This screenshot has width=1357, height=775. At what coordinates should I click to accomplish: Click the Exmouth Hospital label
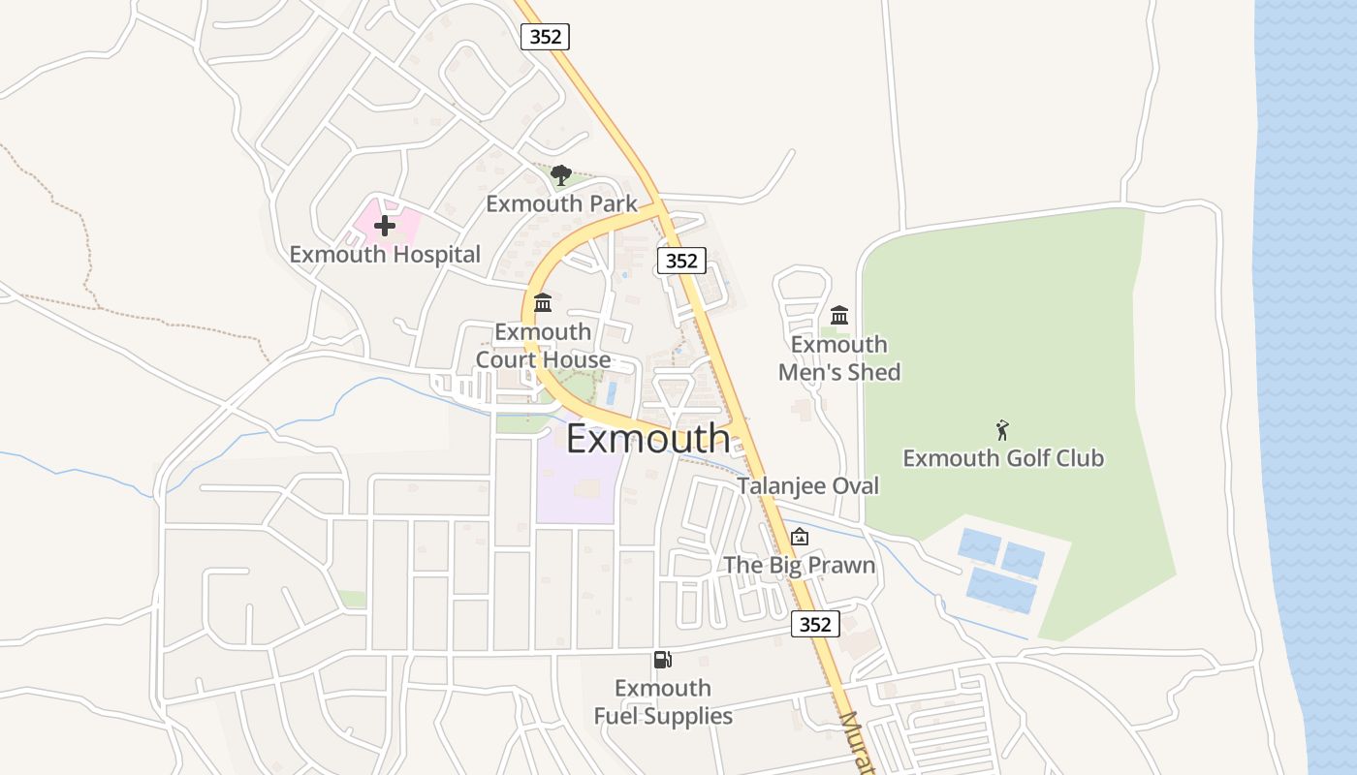click(385, 255)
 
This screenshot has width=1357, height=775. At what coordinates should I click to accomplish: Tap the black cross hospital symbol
click(385, 227)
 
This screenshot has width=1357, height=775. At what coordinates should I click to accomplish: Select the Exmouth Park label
click(561, 203)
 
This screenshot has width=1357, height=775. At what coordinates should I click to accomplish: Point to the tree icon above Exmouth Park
click(560, 175)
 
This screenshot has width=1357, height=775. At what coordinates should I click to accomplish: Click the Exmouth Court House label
click(543, 346)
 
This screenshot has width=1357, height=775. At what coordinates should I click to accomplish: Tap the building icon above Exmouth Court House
click(543, 303)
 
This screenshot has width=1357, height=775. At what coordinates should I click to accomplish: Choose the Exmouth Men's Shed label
click(839, 358)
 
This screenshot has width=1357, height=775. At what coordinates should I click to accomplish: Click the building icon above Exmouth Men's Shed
click(839, 315)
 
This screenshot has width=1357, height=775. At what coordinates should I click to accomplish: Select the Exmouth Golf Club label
click(1003, 458)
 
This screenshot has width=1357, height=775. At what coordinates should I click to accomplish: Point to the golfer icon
click(1002, 430)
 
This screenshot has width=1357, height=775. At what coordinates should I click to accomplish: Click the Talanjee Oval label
click(807, 486)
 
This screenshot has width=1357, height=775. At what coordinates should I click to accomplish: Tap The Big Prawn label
click(800, 566)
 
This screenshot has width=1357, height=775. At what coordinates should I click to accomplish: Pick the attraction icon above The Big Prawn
click(800, 537)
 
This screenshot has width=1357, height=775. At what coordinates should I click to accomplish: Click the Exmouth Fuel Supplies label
click(663, 702)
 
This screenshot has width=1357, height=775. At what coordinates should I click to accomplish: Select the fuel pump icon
click(663, 660)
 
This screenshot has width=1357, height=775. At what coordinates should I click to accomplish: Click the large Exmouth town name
click(647, 439)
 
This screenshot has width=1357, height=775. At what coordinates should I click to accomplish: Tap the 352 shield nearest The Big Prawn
click(815, 624)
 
